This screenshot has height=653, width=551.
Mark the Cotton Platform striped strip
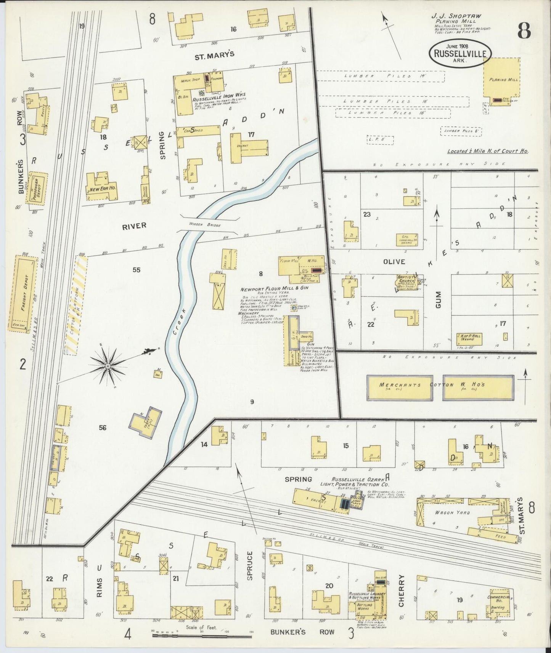(x=76, y=305)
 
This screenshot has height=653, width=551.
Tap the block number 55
(x=137, y=270)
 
